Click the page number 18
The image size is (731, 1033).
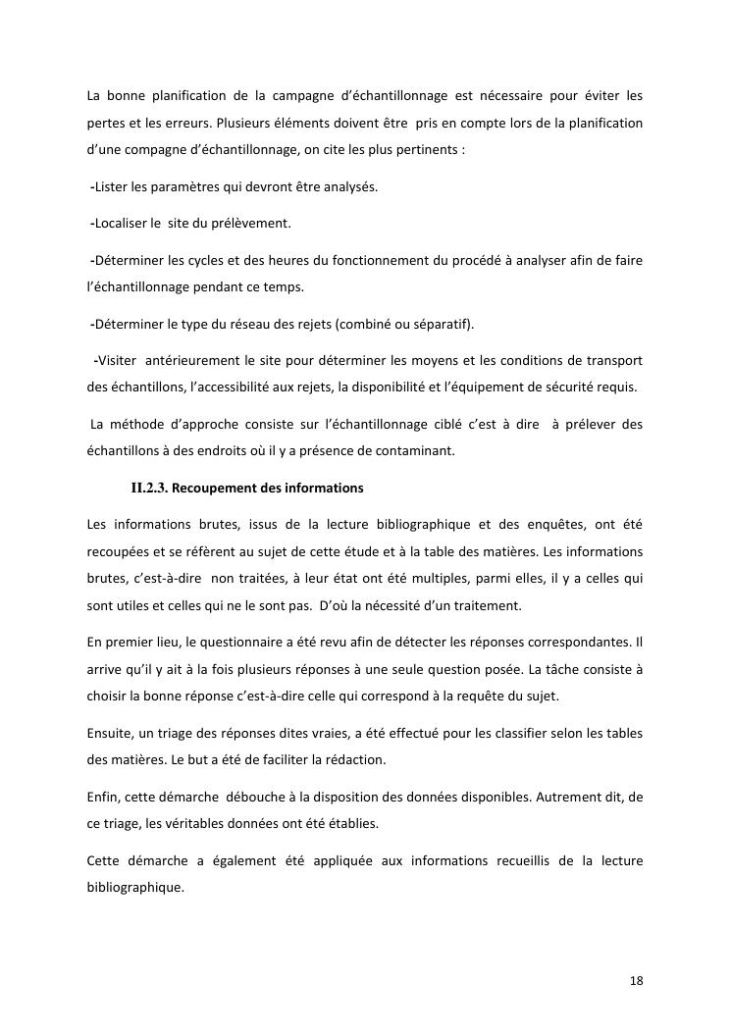636,981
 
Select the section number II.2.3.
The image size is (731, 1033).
150,488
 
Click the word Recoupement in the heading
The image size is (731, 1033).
220,488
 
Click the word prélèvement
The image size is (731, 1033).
255,224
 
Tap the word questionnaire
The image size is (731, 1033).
235,642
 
